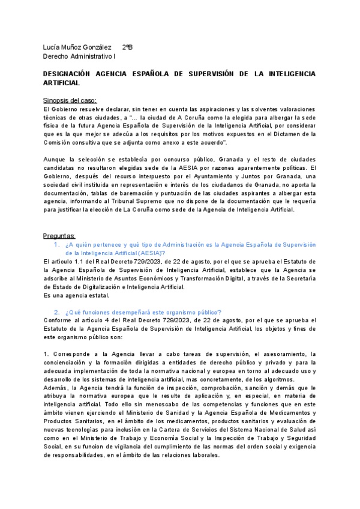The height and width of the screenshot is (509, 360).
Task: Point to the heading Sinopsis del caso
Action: point(70,100)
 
